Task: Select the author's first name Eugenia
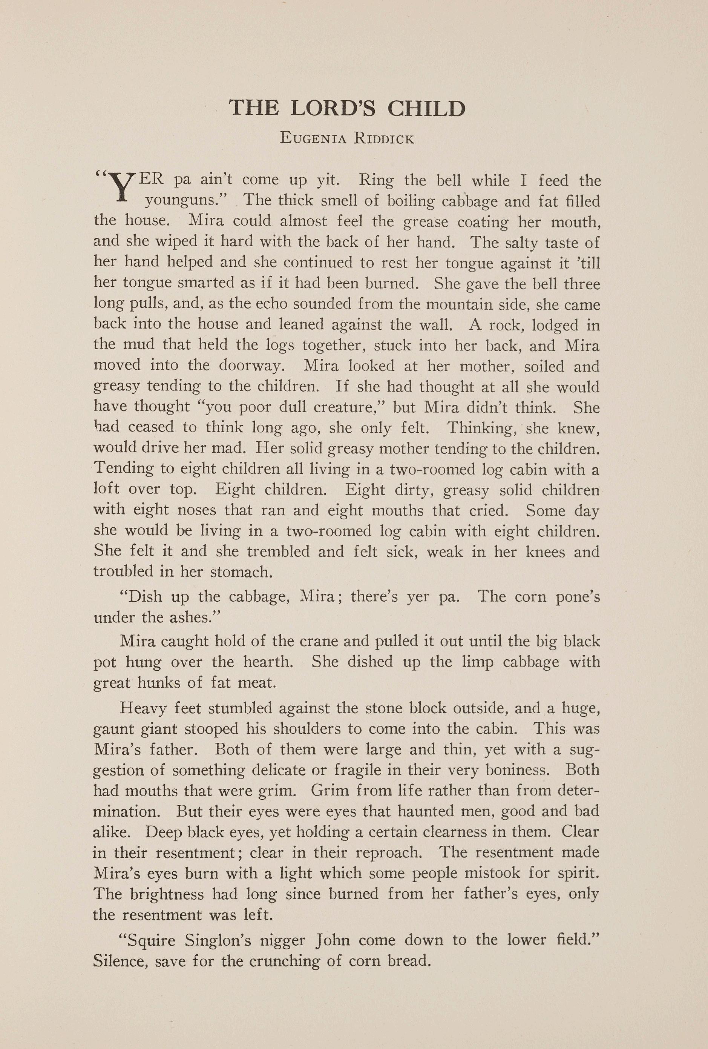click(313, 138)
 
